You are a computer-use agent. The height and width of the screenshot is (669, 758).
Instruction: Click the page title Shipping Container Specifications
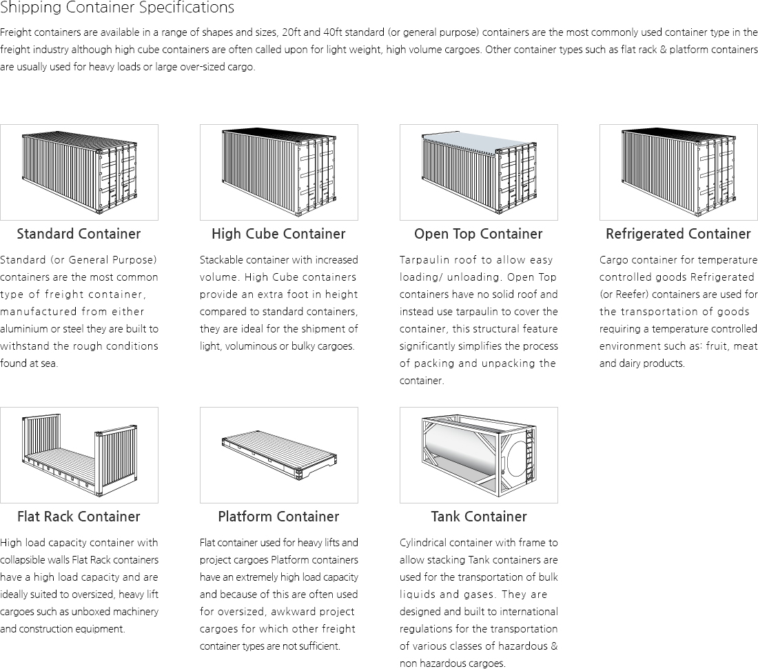[x=117, y=8]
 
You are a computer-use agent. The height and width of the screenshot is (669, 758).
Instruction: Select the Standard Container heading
[x=79, y=234]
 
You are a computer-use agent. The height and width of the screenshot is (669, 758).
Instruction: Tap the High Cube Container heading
[x=278, y=234]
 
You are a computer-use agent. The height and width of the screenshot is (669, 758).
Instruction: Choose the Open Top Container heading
[x=478, y=234]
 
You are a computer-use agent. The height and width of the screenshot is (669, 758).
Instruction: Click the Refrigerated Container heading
[x=678, y=234]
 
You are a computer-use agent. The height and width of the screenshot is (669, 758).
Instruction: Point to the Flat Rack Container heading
[x=79, y=517]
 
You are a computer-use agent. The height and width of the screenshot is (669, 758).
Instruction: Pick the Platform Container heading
[x=278, y=517]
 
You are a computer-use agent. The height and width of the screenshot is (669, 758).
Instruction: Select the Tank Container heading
[x=478, y=517]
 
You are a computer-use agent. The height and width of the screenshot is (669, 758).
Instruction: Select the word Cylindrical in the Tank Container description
[x=422, y=543]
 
